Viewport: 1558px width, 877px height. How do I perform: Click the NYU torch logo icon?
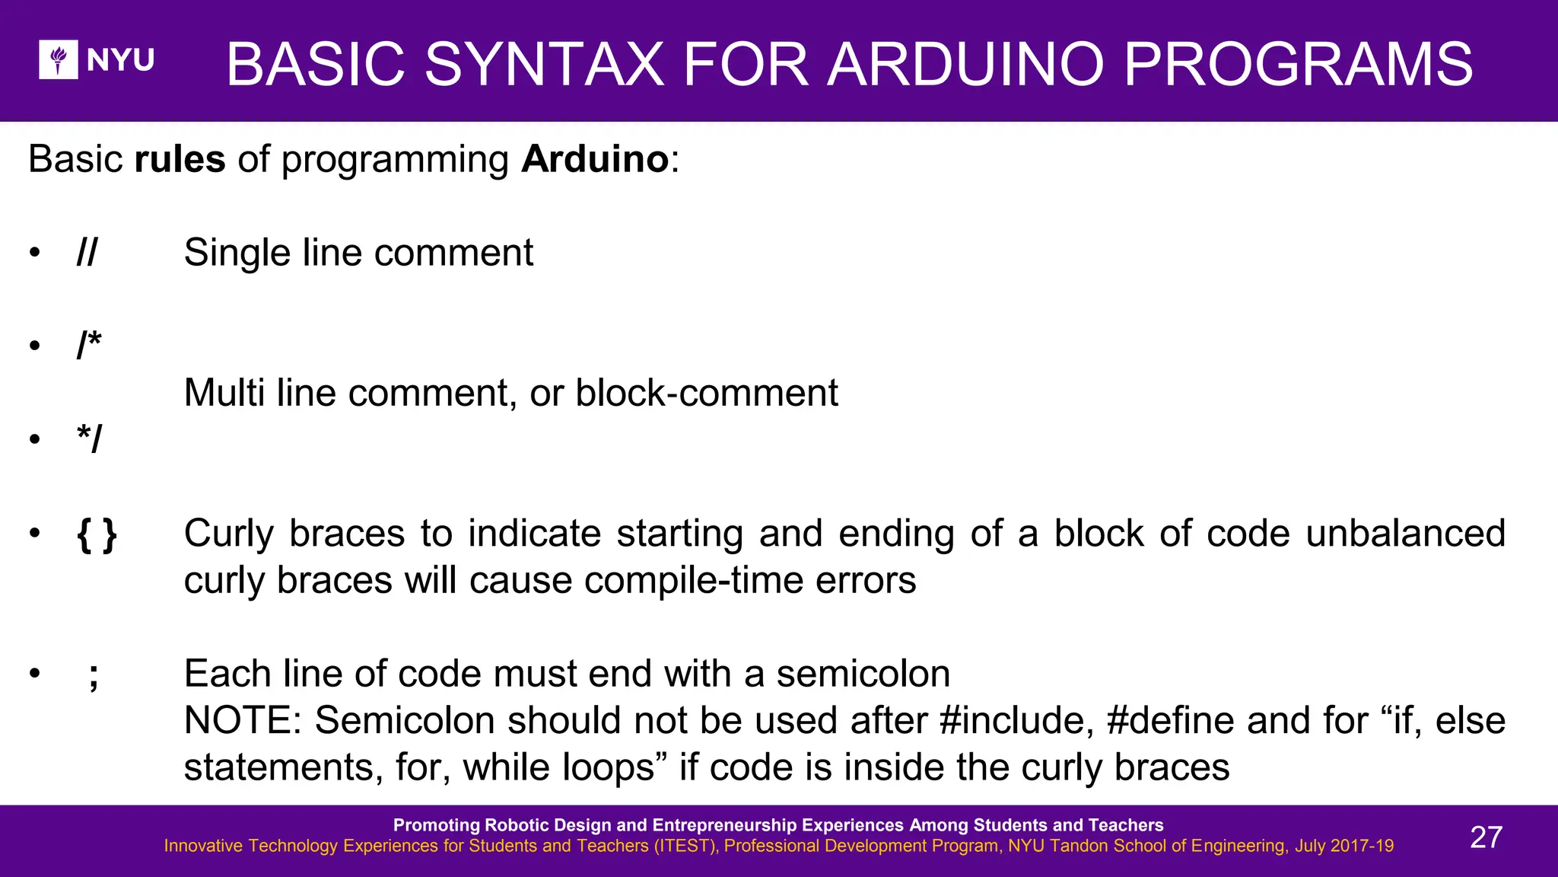click(x=59, y=59)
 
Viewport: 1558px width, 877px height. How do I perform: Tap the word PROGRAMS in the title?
click(x=1298, y=64)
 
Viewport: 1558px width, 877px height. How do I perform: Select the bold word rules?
click(x=180, y=159)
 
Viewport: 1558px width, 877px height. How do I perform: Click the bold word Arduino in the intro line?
click(x=595, y=159)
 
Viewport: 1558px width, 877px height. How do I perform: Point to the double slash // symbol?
click(x=87, y=253)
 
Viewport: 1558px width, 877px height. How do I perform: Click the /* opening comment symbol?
click(x=89, y=346)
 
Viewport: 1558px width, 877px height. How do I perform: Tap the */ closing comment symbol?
click(x=89, y=440)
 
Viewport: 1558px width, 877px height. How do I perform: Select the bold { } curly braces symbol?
click(x=97, y=534)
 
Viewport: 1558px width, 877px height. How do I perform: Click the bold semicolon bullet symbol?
click(x=93, y=675)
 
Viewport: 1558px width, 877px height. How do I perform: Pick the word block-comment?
click(x=707, y=394)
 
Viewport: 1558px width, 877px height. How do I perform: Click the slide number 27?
click(x=1486, y=837)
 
